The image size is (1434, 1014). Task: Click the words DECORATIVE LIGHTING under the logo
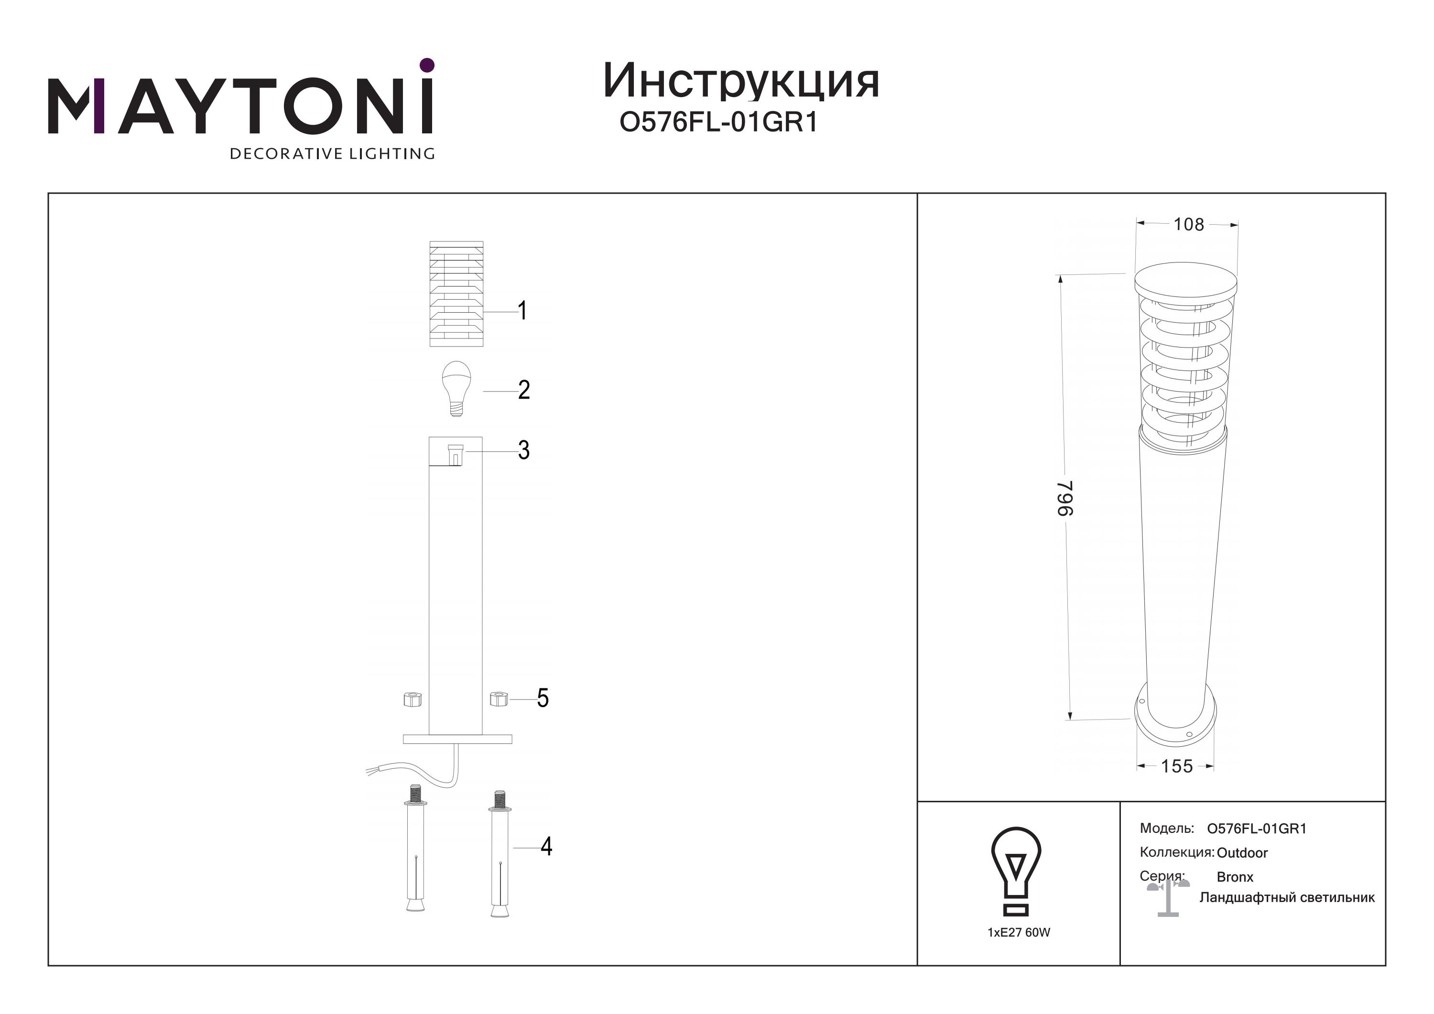tap(332, 153)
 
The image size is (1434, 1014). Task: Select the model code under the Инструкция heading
tap(718, 122)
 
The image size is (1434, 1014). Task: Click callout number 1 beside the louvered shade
tap(523, 310)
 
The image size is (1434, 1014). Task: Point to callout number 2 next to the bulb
tap(524, 390)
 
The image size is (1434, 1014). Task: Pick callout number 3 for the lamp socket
tap(524, 450)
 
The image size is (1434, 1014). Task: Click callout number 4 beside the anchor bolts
tap(546, 847)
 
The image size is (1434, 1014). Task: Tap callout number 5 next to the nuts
tap(543, 698)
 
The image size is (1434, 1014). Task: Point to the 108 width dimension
tap(1188, 224)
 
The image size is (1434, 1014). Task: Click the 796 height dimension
tap(1065, 498)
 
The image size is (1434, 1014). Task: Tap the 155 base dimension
tap(1177, 766)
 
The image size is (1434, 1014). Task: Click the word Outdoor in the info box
tap(1242, 853)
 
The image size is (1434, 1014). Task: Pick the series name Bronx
tap(1235, 877)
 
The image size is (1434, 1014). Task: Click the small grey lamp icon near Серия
tap(1168, 898)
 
